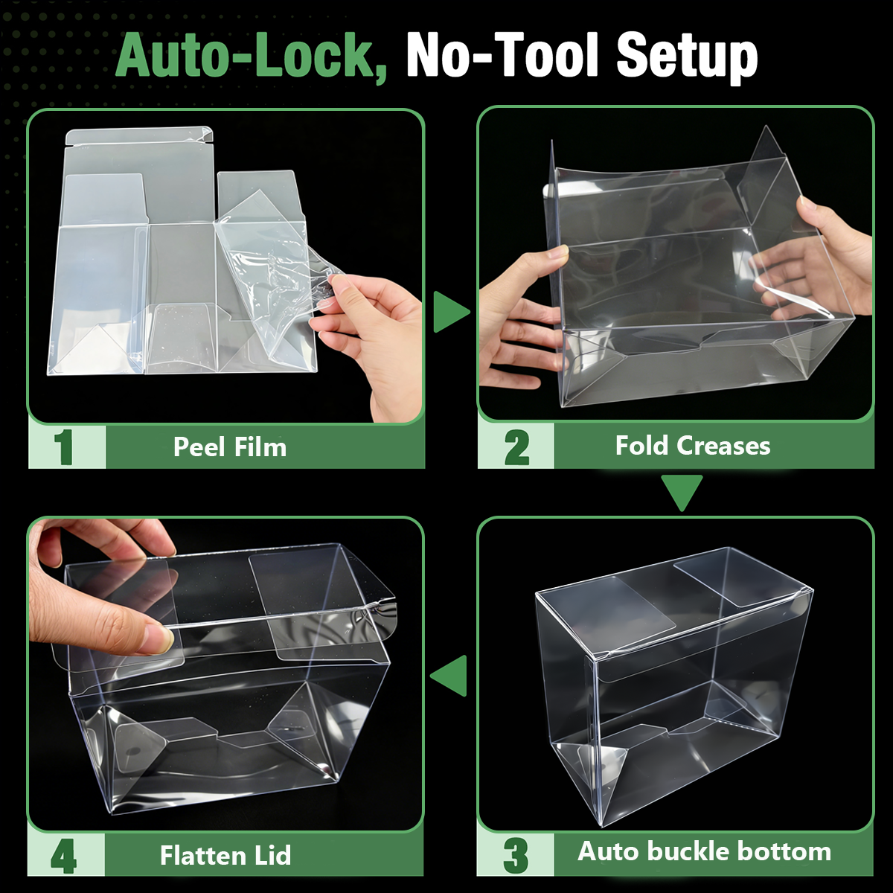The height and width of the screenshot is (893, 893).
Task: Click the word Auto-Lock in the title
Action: pyautogui.click(x=251, y=57)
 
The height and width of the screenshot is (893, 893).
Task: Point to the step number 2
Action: pyautogui.click(x=516, y=447)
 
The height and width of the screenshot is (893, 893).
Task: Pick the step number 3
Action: pyautogui.click(x=515, y=855)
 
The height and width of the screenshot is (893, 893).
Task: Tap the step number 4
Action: pyautogui.click(x=63, y=856)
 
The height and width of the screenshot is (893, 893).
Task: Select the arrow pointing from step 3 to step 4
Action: pyautogui.click(x=449, y=676)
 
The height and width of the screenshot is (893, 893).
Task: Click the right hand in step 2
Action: pyautogui.click(x=820, y=260)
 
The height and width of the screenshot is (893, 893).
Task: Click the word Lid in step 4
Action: pyautogui.click(x=273, y=856)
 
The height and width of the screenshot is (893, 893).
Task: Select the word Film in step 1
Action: pyautogui.click(x=260, y=447)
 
